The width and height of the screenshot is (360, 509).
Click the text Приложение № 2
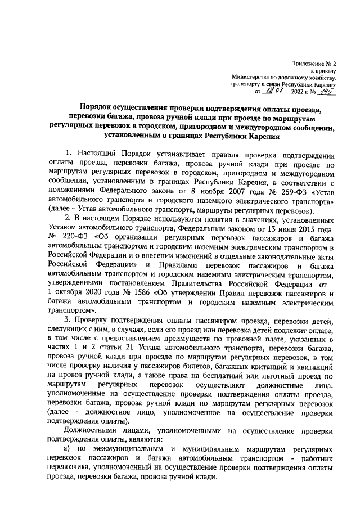[x=316, y=65]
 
